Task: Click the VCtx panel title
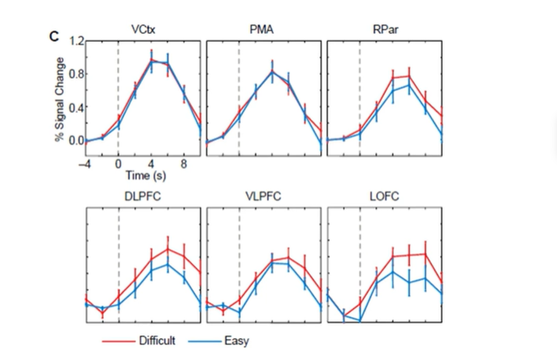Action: coord(142,30)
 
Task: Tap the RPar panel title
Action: coord(384,30)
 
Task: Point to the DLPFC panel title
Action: coord(142,197)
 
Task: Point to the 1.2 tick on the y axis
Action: coord(76,41)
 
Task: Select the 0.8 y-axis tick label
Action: coord(76,75)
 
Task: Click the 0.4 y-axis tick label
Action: coord(76,108)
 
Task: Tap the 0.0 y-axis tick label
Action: coord(76,141)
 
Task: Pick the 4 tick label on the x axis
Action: coord(151,163)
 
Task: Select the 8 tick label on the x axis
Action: coord(184,163)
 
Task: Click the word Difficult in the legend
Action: coord(157,340)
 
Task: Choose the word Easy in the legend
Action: coord(236,340)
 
